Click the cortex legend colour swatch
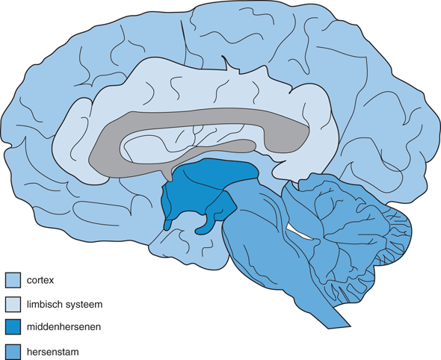click(x=13, y=280)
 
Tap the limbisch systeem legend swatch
click(x=13, y=304)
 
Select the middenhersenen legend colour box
click(x=13, y=327)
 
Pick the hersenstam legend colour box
click(x=13, y=352)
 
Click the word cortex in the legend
click(x=40, y=280)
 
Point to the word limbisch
click(x=44, y=304)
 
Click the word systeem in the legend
click(x=84, y=305)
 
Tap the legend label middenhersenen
click(x=64, y=327)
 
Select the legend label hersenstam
click(x=53, y=352)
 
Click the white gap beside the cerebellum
click(x=300, y=233)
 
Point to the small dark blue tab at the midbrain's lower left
click(x=167, y=224)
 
